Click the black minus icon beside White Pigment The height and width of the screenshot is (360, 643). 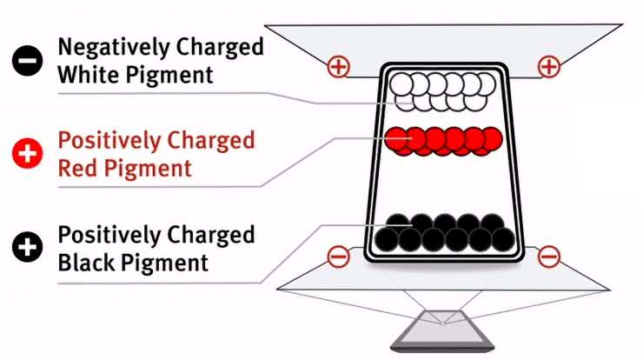click(x=28, y=61)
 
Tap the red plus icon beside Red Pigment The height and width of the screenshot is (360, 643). click(x=28, y=154)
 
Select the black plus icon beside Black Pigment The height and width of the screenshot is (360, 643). click(x=28, y=248)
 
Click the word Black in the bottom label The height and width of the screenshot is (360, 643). click(x=89, y=262)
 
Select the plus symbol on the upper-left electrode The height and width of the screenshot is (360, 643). click(x=337, y=66)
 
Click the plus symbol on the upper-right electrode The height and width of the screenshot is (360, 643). click(x=548, y=66)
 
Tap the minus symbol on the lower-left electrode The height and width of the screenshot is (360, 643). click(x=339, y=257)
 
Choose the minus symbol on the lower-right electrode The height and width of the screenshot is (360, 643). click(x=548, y=257)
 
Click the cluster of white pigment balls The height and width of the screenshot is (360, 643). click(x=443, y=91)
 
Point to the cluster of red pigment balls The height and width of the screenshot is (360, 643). click(x=443, y=141)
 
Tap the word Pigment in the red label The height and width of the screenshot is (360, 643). click(x=149, y=169)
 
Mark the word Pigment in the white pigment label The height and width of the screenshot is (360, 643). click(x=169, y=76)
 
